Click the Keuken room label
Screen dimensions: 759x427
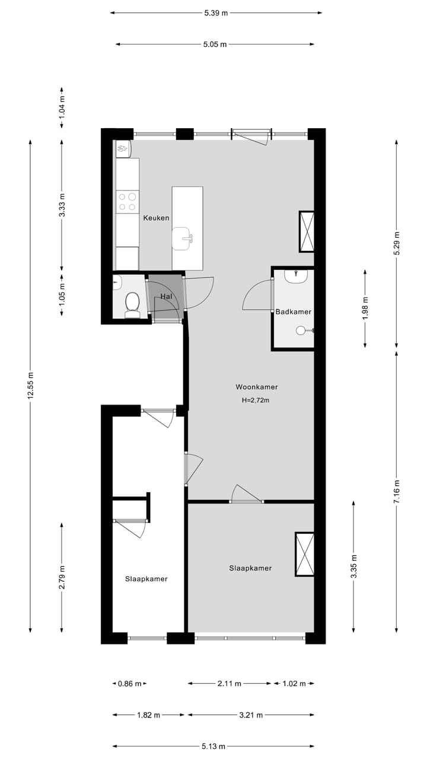[x=156, y=218]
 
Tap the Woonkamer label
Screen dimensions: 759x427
[x=256, y=387]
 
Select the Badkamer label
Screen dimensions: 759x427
[x=293, y=311]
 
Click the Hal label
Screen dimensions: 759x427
[x=165, y=296]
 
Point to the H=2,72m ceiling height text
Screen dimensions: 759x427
[x=256, y=400]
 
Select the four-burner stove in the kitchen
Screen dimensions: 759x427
[x=126, y=202]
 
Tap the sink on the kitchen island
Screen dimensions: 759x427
[x=183, y=239]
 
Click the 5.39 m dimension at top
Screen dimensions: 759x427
[x=216, y=12]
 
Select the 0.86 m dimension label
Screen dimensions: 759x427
[x=129, y=684]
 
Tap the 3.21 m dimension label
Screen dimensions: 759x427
[x=251, y=715]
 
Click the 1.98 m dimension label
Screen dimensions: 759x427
[x=365, y=308]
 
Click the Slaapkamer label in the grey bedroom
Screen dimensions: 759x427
[x=250, y=568]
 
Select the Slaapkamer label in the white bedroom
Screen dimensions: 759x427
[x=146, y=579]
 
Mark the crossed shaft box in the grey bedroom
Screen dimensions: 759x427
[x=304, y=554]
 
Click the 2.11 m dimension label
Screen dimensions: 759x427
[x=230, y=684]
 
